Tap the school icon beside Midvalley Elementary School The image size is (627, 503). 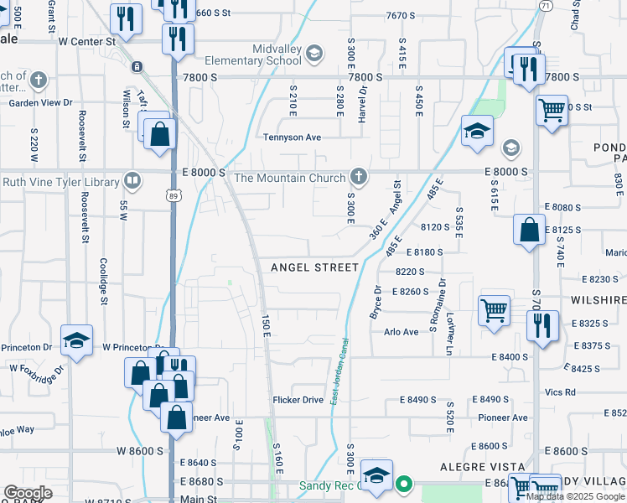313,55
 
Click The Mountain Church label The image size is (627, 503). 290,178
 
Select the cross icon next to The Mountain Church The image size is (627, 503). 358,177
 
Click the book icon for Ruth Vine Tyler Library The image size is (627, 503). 132,180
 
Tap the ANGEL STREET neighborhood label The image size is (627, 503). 314,267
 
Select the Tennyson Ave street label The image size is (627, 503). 292,137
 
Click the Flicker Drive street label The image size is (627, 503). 298,400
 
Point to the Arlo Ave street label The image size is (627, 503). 401,332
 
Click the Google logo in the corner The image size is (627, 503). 28,493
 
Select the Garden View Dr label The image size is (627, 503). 41,103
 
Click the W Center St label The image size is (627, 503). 86,40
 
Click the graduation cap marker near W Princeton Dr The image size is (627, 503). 76,340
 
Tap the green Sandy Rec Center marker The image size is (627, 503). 404,484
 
